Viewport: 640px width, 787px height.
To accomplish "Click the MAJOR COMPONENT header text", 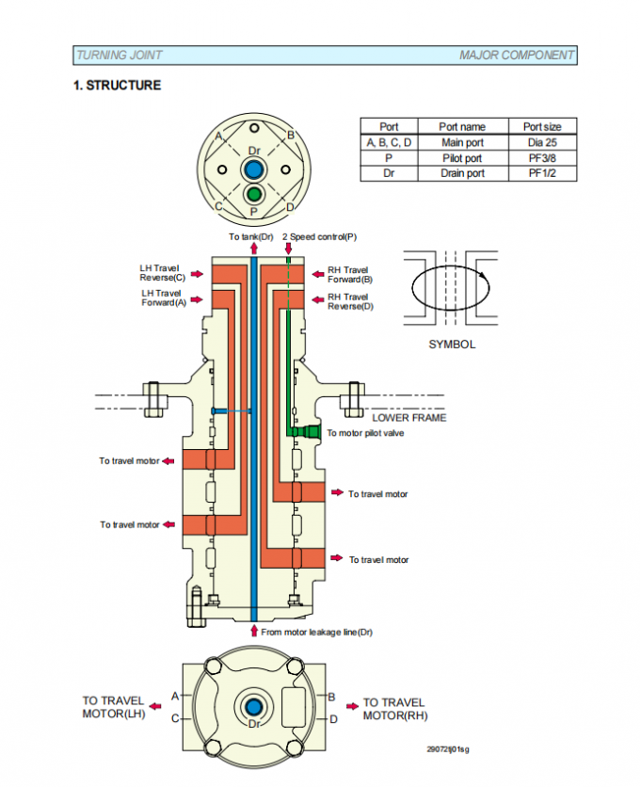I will pos(516,56).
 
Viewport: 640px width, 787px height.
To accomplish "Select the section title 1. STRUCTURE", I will pos(118,86).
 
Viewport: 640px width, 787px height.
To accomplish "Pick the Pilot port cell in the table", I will pos(462,158).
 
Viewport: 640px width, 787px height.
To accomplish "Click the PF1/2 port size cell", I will pos(542,173).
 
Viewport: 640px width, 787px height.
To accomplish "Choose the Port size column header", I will pos(542,127).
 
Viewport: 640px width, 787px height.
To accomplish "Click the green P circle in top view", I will pos(253,194).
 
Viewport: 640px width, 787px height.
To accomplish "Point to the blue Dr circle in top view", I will pos(253,170).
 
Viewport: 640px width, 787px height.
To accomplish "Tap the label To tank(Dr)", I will pos(249,236).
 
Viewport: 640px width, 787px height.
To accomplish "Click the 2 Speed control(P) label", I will pos(319,236).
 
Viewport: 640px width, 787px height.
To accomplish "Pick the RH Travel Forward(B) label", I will pos(350,275).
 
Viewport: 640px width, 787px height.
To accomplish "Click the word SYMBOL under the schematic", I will pos(452,345).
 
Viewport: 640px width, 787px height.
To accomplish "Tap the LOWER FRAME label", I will pos(409,417).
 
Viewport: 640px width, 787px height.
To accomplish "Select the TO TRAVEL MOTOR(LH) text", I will pos(113,707).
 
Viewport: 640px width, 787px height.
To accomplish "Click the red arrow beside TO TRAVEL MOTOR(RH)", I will pos(352,704).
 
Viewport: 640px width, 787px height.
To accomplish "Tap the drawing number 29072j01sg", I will pos(447,749).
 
